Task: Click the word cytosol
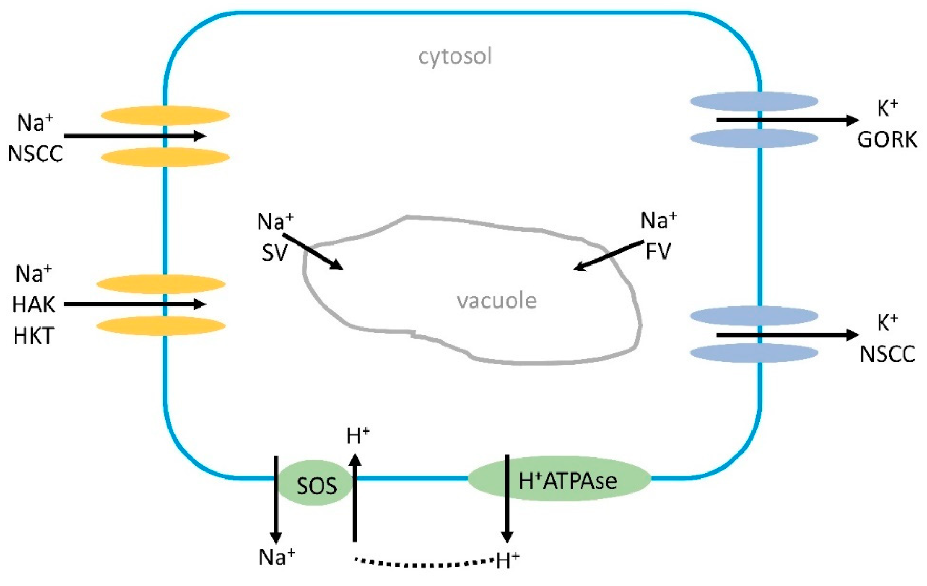pos(455,56)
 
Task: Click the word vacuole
pos(497,301)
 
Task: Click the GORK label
pos(887,139)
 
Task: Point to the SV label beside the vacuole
pos(274,253)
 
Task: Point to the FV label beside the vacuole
pos(658,251)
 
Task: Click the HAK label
pos(34,305)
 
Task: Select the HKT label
pos(34,336)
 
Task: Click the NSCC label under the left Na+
pos(35,154)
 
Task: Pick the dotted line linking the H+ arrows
pos(424,564)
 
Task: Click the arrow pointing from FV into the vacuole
pos(608,255)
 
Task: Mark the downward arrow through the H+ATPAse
pos(507,500)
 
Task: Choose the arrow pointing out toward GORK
pos(785,120)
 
